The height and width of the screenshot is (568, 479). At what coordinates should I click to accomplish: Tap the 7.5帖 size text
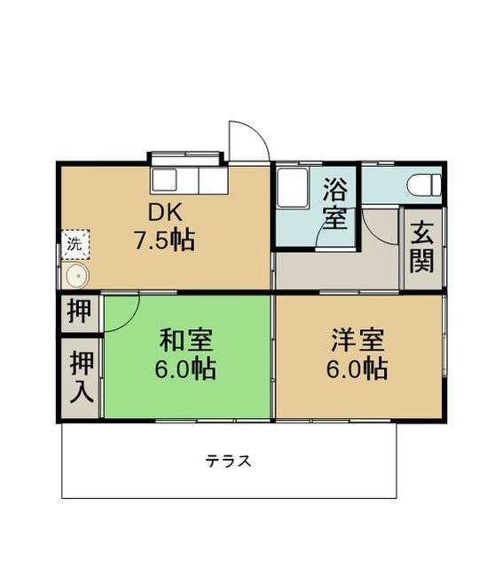164,240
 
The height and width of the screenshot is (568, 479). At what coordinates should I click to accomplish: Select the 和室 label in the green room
186,340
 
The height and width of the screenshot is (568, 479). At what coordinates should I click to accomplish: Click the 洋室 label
358,339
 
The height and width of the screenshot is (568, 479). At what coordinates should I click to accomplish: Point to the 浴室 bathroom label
334,203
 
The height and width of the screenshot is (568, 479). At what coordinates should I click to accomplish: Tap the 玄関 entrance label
421,248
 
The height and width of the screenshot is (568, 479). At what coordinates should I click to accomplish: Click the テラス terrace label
229,461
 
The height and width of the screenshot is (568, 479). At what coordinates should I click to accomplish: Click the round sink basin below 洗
76,275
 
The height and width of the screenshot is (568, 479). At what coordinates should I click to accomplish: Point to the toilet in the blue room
423,184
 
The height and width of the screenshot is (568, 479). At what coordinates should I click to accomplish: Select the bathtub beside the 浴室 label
292,189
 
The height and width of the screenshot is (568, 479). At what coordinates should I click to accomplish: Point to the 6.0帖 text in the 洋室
358,368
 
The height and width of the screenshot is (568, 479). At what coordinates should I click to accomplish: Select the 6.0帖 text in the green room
186,368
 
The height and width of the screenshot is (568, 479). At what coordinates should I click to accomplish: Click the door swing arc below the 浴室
377,226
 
